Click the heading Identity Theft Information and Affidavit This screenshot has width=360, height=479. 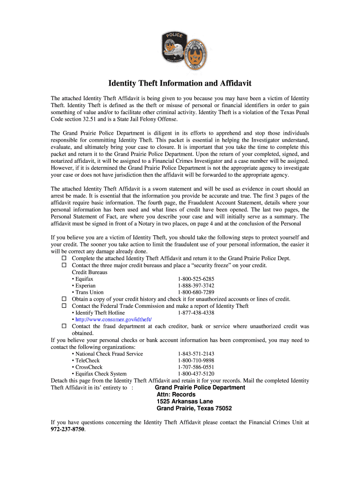(x=180, y=83)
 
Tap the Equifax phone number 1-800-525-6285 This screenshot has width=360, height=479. (x=196, y=279)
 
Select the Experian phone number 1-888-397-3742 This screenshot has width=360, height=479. (x=196, y=286)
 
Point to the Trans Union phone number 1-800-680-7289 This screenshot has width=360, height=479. (x=196, y=292)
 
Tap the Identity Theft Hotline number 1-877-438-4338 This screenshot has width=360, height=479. (x=196, y=312)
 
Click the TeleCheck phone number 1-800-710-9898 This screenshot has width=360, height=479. (x=196, y=361)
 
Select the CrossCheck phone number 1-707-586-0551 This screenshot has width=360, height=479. (x=196, y=367)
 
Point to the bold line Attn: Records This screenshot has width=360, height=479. (x=176, y=394)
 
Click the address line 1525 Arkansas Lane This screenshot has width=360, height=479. (x=185, y=401)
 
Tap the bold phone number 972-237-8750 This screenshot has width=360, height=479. (x=68, y=429)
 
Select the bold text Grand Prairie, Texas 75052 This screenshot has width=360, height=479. (x=194, y=408)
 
